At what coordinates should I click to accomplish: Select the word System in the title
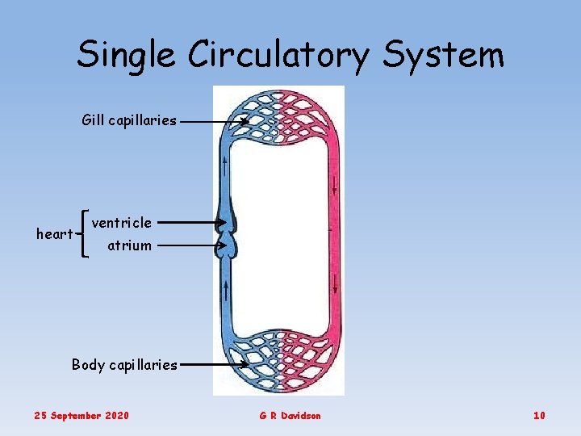pos(443,55)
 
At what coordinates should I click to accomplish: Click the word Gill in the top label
pos(93,120)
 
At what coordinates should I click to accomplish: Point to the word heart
pos(55,234)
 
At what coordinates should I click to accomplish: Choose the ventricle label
pos(121,222)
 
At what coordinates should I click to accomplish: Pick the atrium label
pos(129,245)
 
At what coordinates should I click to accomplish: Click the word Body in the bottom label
pos(88,364)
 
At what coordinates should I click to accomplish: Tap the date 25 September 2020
pos(81,415)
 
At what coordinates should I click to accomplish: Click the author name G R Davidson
pos(290,415)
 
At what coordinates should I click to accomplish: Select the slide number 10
pos(539,415)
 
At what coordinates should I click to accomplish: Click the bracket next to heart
pos(85,233)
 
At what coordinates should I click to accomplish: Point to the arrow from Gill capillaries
pos(213,122)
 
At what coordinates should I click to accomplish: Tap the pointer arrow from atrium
pos(190,245)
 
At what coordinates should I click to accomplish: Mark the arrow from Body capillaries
pos(213,365)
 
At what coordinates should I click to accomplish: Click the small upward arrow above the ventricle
pos(225,168)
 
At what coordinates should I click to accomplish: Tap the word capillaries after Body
pos(144,364)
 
